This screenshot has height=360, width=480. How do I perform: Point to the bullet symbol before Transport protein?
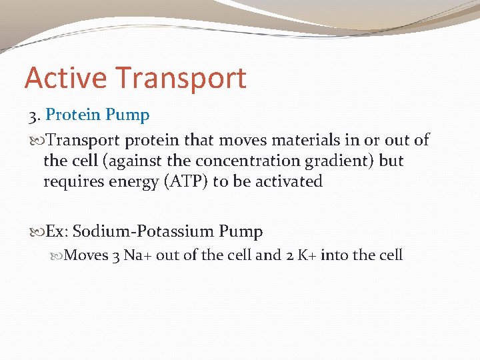pyautogui.click(x=36, y=140)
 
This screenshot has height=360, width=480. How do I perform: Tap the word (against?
pyautogui.click(x=126, y=161)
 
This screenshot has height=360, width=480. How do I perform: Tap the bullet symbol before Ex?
pyautogui.click(x=36, y=232)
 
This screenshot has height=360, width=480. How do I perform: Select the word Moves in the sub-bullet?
pyautogui.click(x=87, y=255)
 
